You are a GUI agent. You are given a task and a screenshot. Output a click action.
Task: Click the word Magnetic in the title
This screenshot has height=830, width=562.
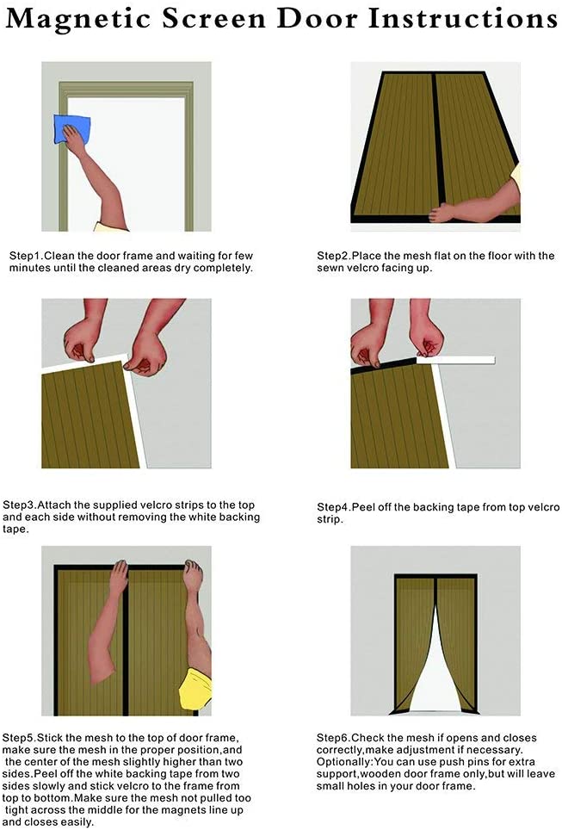(78, 19)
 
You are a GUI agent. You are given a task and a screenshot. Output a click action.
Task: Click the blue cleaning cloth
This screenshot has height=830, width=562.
(72, 127)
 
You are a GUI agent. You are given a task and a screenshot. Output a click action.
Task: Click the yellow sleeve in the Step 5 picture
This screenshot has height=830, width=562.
(195, 688)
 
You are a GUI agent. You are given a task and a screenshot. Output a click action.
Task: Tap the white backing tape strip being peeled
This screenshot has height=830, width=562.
(455, 360)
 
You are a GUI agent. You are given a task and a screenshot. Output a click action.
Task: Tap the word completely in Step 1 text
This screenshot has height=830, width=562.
(223, 269)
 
